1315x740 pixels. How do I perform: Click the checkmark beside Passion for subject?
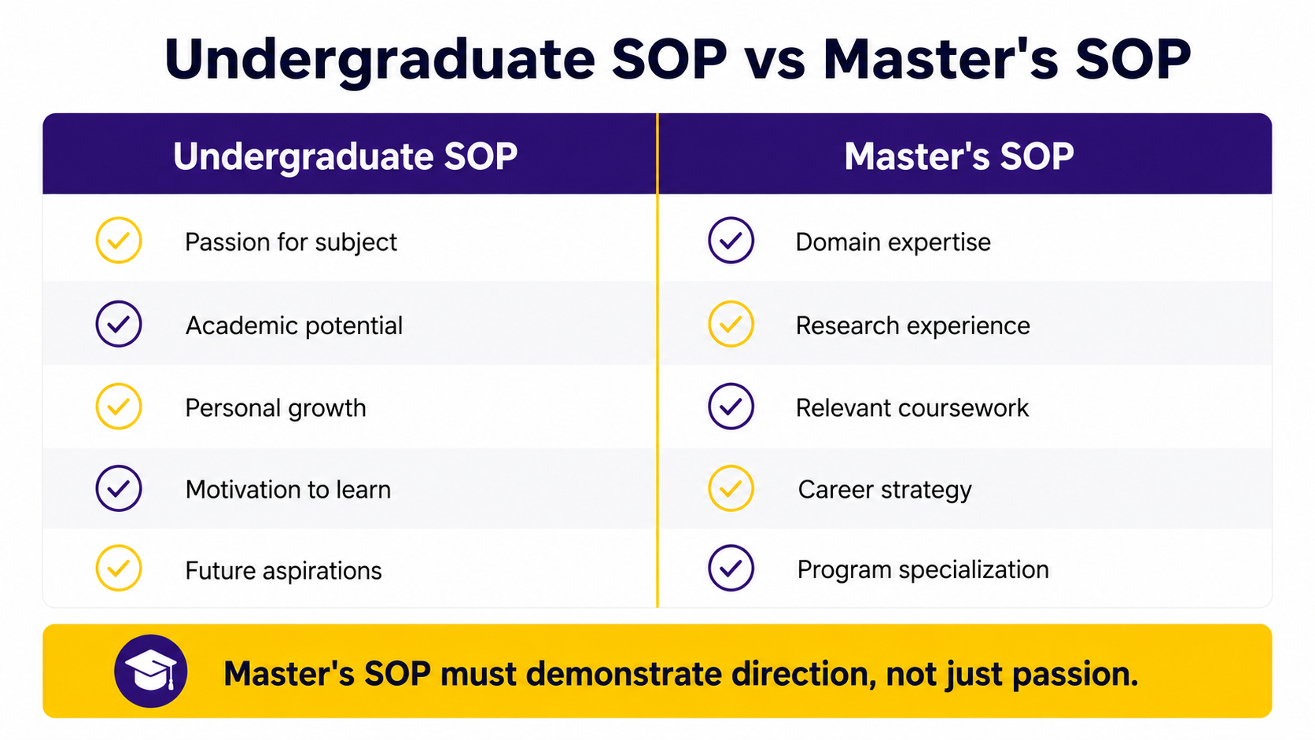tap(119, 241)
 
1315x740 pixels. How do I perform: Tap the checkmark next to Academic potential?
tap(119, 324)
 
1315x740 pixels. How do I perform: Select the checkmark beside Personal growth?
tap(119, 407)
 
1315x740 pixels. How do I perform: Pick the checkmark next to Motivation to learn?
tap(119, 488)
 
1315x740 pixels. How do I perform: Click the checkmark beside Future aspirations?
tap(119, 568)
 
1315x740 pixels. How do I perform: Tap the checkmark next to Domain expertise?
tap(731, 241)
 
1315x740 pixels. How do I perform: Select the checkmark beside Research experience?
tap(731, 324)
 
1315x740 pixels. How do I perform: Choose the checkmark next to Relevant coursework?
tap(731, 407)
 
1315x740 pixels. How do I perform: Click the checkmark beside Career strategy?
tap(731, 488)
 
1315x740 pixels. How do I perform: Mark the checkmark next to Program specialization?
tap(731, 568)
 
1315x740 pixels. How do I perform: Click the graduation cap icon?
tap(151, 671)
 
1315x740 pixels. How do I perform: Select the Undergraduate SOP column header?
tap(345, 156)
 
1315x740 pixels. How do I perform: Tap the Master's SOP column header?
tap(960, 156)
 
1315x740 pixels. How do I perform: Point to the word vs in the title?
tap(775, 61)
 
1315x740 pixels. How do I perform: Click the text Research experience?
tap(913, 326)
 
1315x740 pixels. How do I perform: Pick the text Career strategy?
tap(885, 490)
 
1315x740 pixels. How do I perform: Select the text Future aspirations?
tap(284, 571)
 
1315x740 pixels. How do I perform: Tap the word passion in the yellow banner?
tap(1074, 675)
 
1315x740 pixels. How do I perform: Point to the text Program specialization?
tap(923, 570)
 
